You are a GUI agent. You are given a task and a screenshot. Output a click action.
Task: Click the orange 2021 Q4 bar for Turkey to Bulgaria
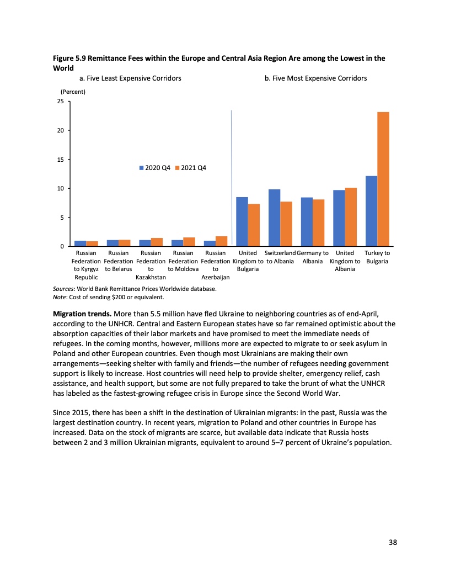(383, 179)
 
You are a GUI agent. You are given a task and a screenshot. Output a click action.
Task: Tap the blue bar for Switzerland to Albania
(274, 218)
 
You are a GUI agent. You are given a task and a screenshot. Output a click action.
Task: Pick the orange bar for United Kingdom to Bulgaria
(254, 225)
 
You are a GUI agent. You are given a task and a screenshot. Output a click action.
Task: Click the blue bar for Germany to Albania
(307, 221)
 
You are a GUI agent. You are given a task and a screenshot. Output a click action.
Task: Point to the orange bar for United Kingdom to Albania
(351, 217)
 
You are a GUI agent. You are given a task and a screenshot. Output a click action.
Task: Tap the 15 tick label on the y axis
(60, 160)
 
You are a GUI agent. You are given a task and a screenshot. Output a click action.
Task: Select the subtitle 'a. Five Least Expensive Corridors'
(130, 78)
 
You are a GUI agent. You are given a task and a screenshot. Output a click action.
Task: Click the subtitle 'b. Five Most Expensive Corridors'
(315, 78)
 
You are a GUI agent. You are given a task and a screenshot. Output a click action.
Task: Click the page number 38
(392, 542)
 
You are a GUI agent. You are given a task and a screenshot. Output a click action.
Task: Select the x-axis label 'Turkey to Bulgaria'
(377, 257)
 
